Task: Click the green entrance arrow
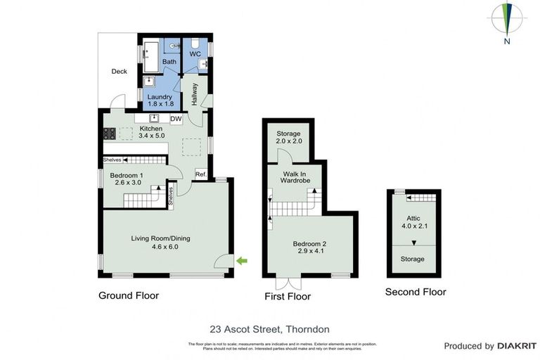point(242,262)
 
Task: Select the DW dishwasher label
point(176,119)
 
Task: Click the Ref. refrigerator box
point(200,174)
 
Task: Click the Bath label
point(169,62)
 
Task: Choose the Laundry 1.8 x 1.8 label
point(159,100)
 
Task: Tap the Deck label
point(119,71)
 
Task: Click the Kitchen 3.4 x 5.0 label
point(151,132)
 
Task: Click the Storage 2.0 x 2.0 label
point(288,137)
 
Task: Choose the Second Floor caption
point(415,292)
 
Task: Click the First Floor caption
point(286,297)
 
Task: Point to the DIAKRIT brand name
point(517,346)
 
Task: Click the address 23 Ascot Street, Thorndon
point(269,328)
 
